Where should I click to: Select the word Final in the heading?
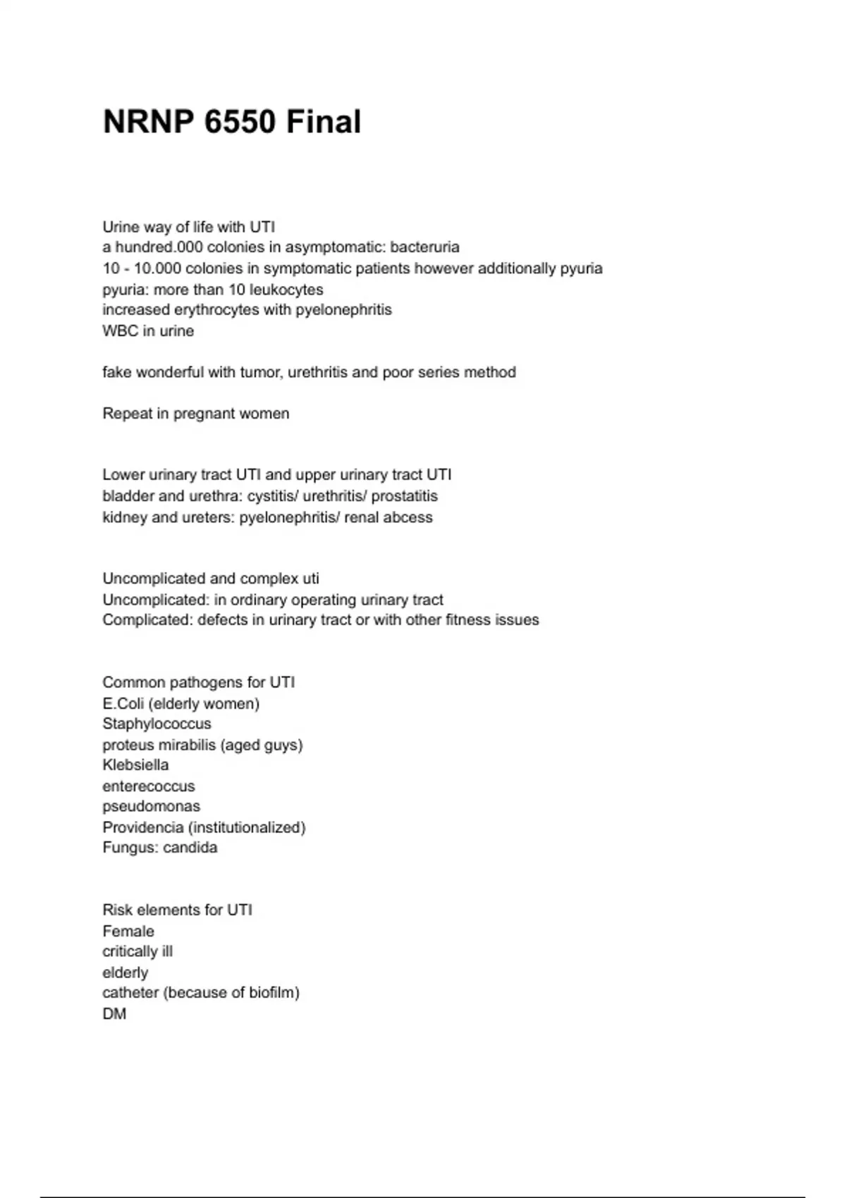(x=324, y=122)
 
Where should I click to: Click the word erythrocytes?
(x=216, y=310)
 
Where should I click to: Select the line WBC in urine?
(x=148, y=331)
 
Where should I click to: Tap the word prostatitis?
(x=404, y=496)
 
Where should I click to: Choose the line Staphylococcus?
(x=157, y=724)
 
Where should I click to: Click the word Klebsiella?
(x=135, y=765)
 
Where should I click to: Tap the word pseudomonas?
(x=151, y=806)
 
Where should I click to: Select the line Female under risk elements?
(x=128, y=931)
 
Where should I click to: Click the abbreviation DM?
(x=114, y=1014)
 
